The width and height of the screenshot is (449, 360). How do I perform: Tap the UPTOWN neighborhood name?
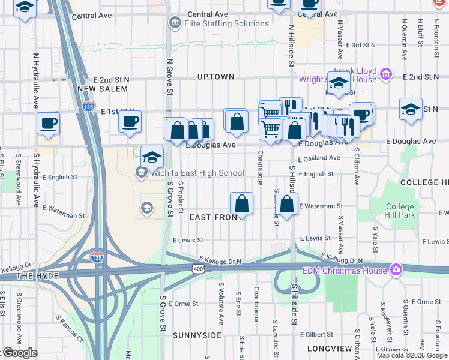coord(215,77)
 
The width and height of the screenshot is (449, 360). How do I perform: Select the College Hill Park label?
coord(400,211)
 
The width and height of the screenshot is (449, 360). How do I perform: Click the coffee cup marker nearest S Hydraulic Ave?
coord(48,123)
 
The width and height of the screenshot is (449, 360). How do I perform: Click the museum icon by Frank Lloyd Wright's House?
coord(385,75)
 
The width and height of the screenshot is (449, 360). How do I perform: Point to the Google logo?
coord(20,353)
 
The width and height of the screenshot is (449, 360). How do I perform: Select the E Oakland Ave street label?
coord(319,158)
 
